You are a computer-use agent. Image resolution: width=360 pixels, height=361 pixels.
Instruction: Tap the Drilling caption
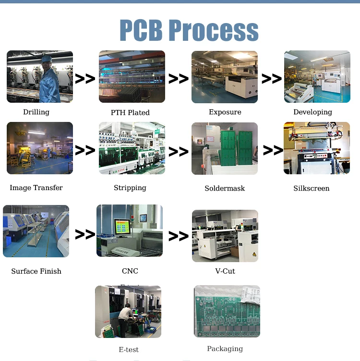pos(36,112)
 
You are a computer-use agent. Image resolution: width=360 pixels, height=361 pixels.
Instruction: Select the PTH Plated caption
pos(130,112)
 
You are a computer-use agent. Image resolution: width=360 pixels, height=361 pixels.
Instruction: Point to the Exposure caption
pos(225,112)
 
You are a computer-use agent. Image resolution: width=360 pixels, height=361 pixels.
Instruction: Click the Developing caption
pos(313,112)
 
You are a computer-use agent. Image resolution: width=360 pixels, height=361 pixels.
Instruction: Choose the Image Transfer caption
pos(36,188)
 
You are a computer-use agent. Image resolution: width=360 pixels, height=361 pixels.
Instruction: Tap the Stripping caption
pos(130,188)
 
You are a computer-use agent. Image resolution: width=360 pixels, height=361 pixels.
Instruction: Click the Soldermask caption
pos(225,188)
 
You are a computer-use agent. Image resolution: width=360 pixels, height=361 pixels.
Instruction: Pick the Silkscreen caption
pos(312,188)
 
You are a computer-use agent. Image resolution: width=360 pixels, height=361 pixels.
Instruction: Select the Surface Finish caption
pos(36,271)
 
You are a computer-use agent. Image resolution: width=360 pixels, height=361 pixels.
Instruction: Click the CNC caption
pos(130,271)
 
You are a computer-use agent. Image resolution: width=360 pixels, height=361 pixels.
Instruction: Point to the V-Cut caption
pos(225,271)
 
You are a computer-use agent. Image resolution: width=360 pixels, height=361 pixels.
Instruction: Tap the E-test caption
pos(129,349)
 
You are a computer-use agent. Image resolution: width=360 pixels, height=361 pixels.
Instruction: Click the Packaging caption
pos(225,349)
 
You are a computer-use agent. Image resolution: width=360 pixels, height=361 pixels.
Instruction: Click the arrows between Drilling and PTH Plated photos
pos(85,79)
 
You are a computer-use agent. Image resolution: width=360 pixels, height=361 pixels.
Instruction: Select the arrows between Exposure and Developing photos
pos(271,79)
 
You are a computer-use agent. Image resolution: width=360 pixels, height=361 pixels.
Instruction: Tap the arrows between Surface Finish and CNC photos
pos(85,234)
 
